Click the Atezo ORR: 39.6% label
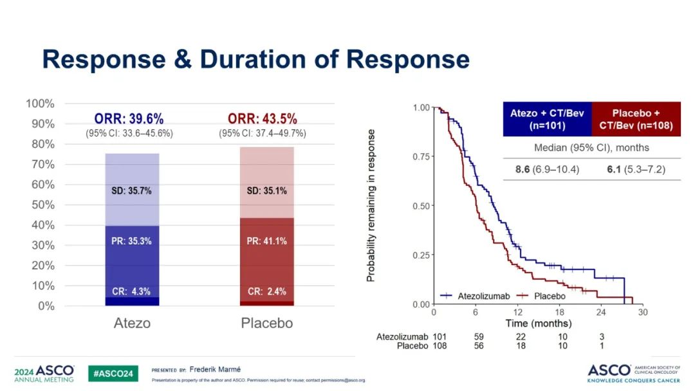129,119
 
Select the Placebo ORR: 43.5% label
263,119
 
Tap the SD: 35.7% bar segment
132,190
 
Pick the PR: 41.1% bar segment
266,242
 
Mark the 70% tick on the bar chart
39,164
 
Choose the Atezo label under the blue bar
132,323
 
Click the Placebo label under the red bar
266,323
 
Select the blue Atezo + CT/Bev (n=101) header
547,119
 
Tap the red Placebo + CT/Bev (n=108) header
636,119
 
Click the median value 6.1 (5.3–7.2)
636,170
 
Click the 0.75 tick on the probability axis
420,156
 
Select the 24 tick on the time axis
600,313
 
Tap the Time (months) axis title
538,323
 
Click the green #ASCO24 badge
113,374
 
